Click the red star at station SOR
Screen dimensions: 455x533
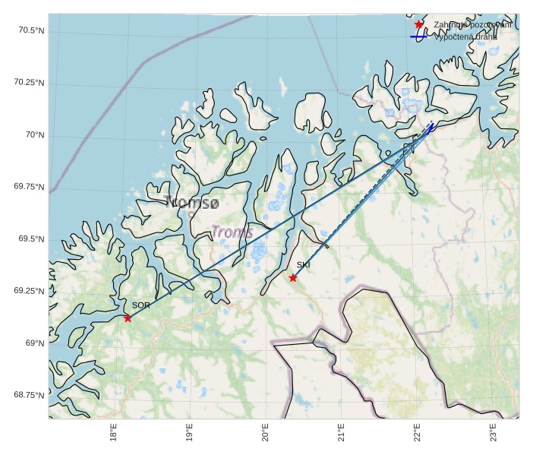pyautogui.click(x=128, y=318)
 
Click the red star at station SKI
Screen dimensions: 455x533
pyautogui.click(x=293, y=278)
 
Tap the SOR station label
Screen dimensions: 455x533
pyautogui.click(x=141, y=305)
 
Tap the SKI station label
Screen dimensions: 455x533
pyautogui.click(x=304, y=265)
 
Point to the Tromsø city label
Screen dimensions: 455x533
pyautogui.click(x=192, y=203)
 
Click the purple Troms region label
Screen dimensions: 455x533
pyautogui.click(x=232, y=232)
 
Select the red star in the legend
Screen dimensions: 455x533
pyautogui.click(x=419, y=25)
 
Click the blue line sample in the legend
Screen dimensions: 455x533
pyautogui.click(x=419, y=36)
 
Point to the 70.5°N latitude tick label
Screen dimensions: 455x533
pyautogui.click(x=30, y=30)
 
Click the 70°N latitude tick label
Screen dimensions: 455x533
pyautogui.click(x=35, y=135)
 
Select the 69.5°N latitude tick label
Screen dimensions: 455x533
pyautogui.click(x=30, y=239)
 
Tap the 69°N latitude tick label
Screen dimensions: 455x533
pyautogui.click(x=35, y=343)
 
